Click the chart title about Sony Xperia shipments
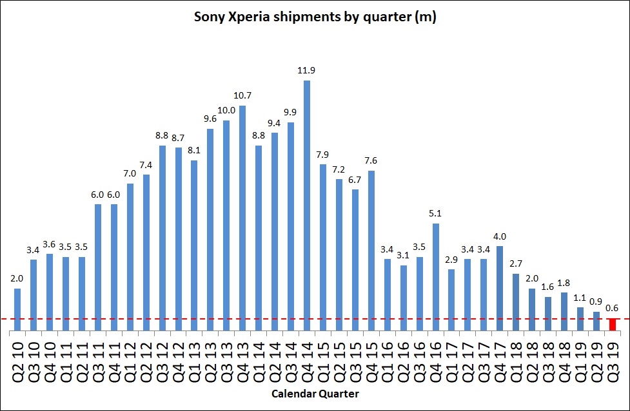[315, 17]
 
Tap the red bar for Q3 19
[613, 325]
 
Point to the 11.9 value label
[307, 70]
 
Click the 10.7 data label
[242, 95]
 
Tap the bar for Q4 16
[436, 277]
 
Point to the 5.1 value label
[436, 213]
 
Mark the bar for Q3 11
[98, 267]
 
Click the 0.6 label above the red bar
[613, 307]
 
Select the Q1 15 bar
[323, 247]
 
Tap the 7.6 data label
[371, 160]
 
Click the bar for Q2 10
[17, 309]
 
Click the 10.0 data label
[226, 110]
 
